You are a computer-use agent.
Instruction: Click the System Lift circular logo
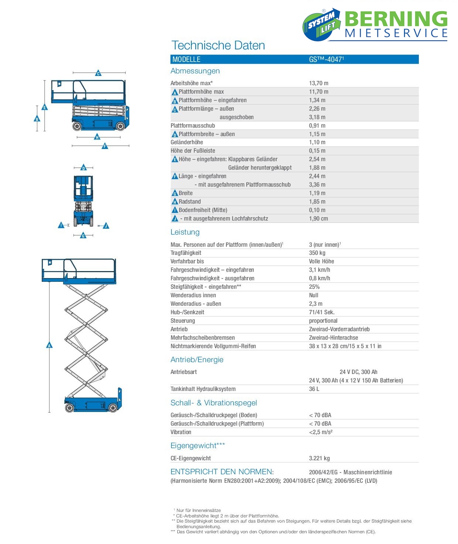click(x=321, y=25)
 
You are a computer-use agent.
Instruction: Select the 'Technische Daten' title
click(x=218, y=45)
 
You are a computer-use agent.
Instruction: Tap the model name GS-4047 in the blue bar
click(x=326, y=59)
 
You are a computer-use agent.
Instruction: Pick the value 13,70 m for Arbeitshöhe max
click(x=318, y=83)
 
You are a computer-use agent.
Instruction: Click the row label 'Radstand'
click(x=189, y=202)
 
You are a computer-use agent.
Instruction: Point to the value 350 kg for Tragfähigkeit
click(x=317, y=253)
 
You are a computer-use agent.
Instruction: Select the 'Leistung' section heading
click(x=185, y=232)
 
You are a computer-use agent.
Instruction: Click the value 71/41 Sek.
click(x=322, y=312)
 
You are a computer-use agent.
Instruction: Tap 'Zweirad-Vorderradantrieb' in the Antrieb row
click(x=339, y=329)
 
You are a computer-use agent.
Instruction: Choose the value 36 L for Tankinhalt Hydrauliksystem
click(x=314, y=389)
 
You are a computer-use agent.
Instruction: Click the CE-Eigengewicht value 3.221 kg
click(x=319, y=458)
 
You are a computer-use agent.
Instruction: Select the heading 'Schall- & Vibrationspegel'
click(x=213, y=403)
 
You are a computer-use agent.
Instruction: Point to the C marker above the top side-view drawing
click(x=98, y=73)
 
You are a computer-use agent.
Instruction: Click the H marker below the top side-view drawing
click(x=97, y=137)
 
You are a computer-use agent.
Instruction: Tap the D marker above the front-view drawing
click(x=83, y=168)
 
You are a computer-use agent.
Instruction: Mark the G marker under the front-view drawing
click(x=83, y=235)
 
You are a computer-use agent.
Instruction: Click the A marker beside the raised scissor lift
click(x=49, y=345)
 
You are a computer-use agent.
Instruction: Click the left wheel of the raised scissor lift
click(x=69, y=408)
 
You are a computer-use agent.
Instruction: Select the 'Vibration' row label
click(x=181, y=432)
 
